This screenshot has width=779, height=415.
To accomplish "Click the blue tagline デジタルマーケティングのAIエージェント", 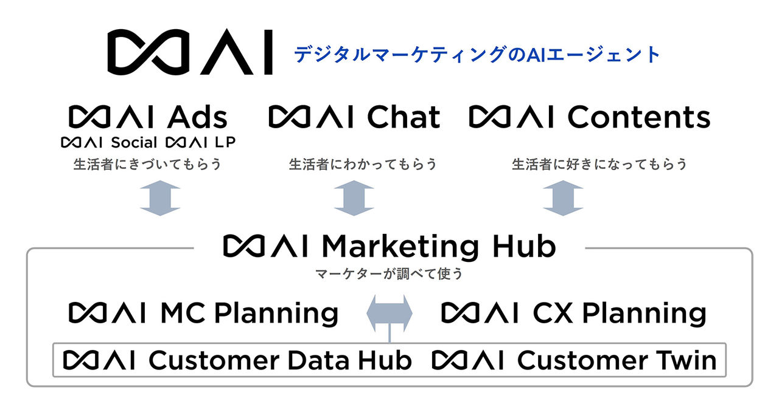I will [x=477, y=55].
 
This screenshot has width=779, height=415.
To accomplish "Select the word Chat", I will [x=403, y=117].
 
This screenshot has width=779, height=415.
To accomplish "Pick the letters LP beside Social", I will [x=224, y=142].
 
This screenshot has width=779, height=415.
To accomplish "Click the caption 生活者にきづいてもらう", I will [x=148, y=165].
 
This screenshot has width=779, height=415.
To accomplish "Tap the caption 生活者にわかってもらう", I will [x=363, y=165].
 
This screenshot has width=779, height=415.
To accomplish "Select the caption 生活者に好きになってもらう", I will [x=599, y=165].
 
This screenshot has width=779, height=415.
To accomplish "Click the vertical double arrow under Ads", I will [x=160, y=198].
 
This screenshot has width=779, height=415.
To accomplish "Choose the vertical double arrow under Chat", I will [x=354, y=198].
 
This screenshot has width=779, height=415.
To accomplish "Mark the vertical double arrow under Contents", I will [x=563, y=198].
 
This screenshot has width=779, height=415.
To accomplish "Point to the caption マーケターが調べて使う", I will [x=389, y=274].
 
